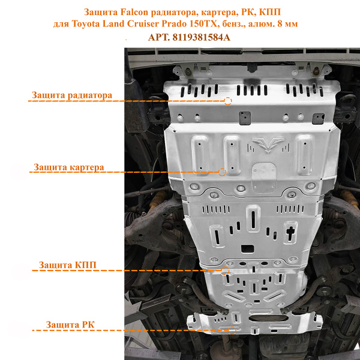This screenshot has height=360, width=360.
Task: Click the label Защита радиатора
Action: (73, 95)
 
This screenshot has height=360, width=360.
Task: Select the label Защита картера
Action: (69, 167)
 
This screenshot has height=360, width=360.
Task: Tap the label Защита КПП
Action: (67, 265)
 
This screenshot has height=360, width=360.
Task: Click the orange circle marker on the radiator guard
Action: (228, 101)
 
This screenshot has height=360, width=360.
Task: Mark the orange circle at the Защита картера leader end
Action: (223, 172)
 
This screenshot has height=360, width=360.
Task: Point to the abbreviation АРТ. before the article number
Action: (159, 37)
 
